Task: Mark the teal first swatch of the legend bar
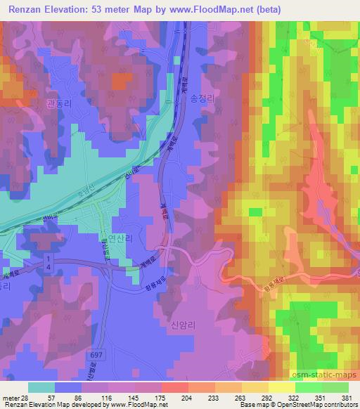(41, 387)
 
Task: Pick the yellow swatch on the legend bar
(281, 387)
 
